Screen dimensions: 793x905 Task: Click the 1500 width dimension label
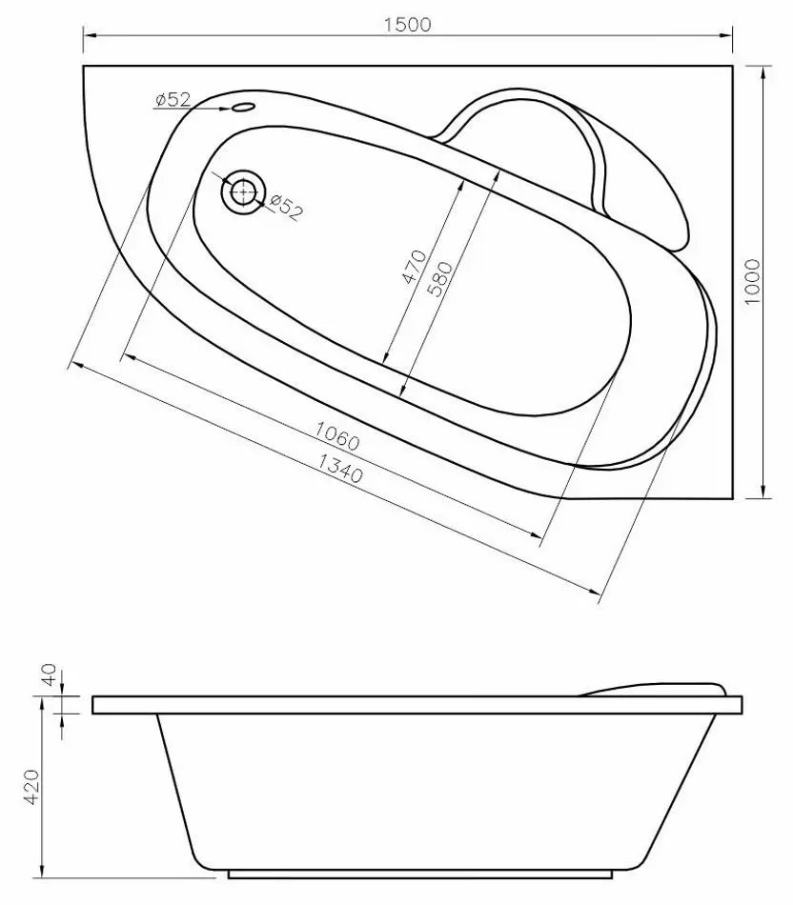[407, 24]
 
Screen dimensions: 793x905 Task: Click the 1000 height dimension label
[752, 282]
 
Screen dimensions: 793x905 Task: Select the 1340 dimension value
[341, 468]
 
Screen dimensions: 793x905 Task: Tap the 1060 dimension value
[337, 434]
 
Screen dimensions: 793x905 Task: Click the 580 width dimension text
[440, 279]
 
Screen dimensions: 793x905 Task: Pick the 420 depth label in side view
[31, 787]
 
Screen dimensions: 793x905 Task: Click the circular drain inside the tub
[243, 191]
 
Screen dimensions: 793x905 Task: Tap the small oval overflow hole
[243, 107]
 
